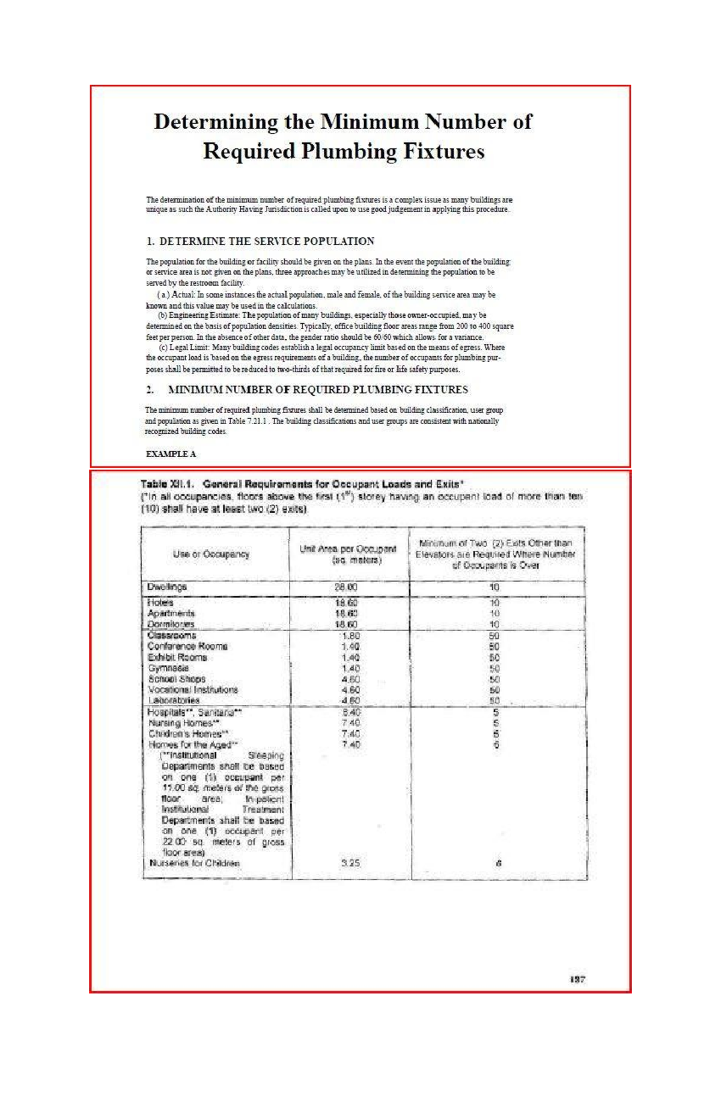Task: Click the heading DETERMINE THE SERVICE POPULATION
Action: [266, 241]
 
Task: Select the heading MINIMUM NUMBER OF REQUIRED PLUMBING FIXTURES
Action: [317, 390]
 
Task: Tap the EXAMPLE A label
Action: [171, 454]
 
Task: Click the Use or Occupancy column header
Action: [211, 554]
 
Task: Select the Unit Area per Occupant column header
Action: [348, 554]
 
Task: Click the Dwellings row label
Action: [168, 587]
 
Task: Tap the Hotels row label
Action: [160, 602]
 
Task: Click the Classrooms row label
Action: [172, 635]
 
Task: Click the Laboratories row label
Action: [174, 700]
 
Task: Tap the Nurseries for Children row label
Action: [195, 863]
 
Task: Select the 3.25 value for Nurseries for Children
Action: [350, 863]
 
